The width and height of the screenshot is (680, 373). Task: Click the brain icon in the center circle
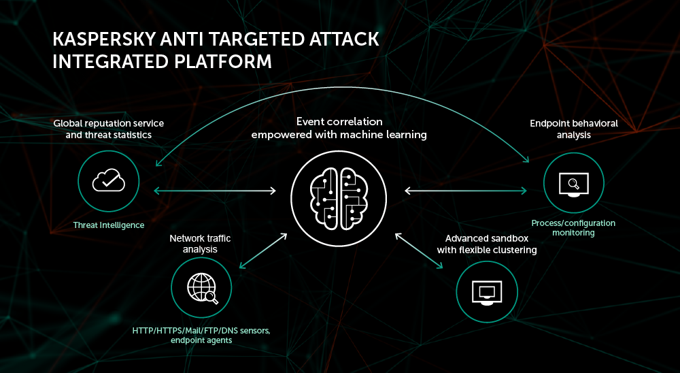(x=339, y=198)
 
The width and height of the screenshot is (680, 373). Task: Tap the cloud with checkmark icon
(x=108, y=180)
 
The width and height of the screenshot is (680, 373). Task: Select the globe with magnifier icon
(x=202, y=288)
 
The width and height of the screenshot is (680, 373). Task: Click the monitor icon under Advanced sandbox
(x=487, y=292)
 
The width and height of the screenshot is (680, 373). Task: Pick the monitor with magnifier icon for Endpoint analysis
(x=573, y=184)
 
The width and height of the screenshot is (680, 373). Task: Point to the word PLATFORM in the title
(x=223, y=62)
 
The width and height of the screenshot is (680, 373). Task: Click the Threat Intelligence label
(x=108, y=225)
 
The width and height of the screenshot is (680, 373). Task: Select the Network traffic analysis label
(x=200, y=244)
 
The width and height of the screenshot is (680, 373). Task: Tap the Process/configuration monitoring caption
(x=573, y=227)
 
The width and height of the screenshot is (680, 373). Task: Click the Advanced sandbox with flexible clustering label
(x=487, y=244)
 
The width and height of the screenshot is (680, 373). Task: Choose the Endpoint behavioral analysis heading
(x=573, y=129)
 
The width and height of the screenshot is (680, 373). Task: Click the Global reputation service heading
(x=108, y=129)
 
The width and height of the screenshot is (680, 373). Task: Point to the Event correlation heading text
(x=339, y=128)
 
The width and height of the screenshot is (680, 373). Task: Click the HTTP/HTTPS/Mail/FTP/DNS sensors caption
(x=201, y=335)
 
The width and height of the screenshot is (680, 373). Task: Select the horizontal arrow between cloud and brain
(x=215, y=191)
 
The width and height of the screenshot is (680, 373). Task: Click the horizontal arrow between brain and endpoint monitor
(x=465, y=191)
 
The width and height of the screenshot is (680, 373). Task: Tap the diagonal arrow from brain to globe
(x=263, y=251)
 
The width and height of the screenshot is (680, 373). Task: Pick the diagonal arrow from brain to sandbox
(x=419, y=251)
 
